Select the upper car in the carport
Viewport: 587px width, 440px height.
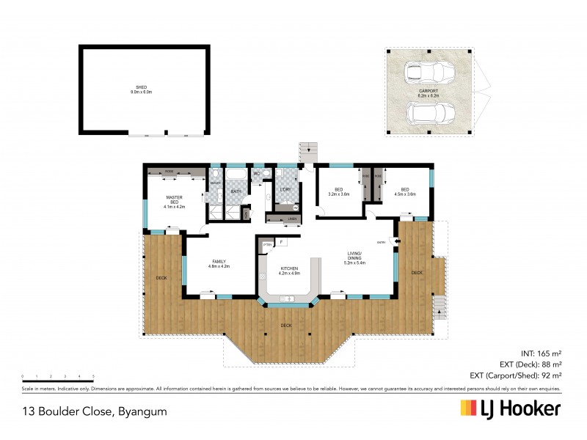[x=429, y=73]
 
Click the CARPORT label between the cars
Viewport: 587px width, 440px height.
[x=429, y=93]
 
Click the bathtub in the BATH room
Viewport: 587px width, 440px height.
[x=236, y=176]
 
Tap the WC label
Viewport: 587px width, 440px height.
[x=257, y=174]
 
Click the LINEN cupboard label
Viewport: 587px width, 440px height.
[x=291, y=219]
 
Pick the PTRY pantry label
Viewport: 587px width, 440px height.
[x=267, y=244]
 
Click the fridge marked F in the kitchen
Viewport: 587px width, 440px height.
[x=281, y=241]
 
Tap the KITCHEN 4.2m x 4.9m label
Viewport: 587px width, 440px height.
[x=289, y=271]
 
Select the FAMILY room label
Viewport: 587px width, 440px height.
[x=219, y=263]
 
